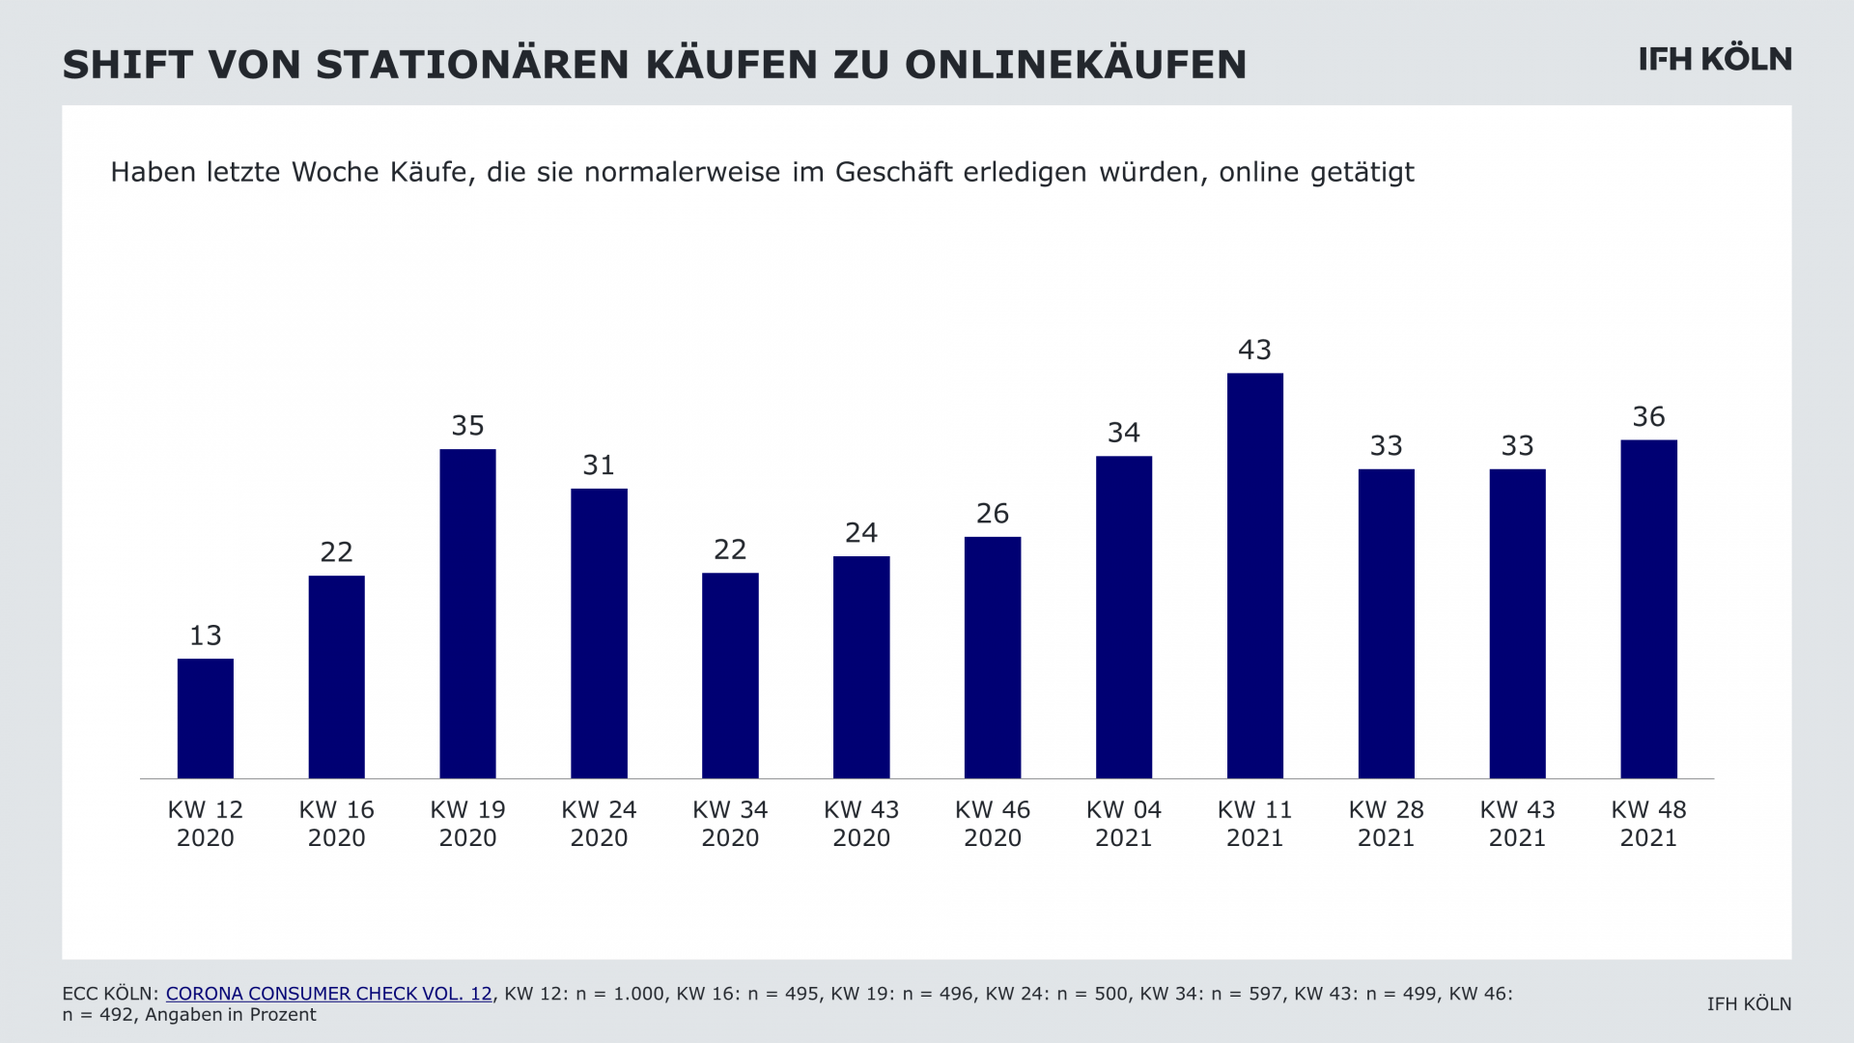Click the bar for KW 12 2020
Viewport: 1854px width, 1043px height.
206,719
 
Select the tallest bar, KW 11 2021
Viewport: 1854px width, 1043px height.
1254,576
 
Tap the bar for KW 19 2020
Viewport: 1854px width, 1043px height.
467,613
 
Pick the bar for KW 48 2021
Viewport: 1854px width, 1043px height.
1648,609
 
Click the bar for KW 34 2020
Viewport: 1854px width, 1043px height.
730,676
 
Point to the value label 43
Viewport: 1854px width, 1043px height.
1254,350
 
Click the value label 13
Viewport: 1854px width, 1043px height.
206,635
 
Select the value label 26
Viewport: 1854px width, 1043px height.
993,514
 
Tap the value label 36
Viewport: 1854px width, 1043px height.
1648,417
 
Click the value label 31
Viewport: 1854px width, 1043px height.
599,465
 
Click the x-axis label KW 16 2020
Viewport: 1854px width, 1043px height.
336,824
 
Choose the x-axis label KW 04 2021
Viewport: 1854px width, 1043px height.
1123,824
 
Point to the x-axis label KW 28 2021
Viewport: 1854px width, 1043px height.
1386,824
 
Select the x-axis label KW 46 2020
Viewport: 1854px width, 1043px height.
993,824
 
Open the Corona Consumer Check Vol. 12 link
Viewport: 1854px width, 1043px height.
328,994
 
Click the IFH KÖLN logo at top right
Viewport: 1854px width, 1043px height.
1715,59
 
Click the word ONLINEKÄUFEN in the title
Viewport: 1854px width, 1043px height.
1076,65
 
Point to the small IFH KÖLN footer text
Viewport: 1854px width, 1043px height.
1749,1004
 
